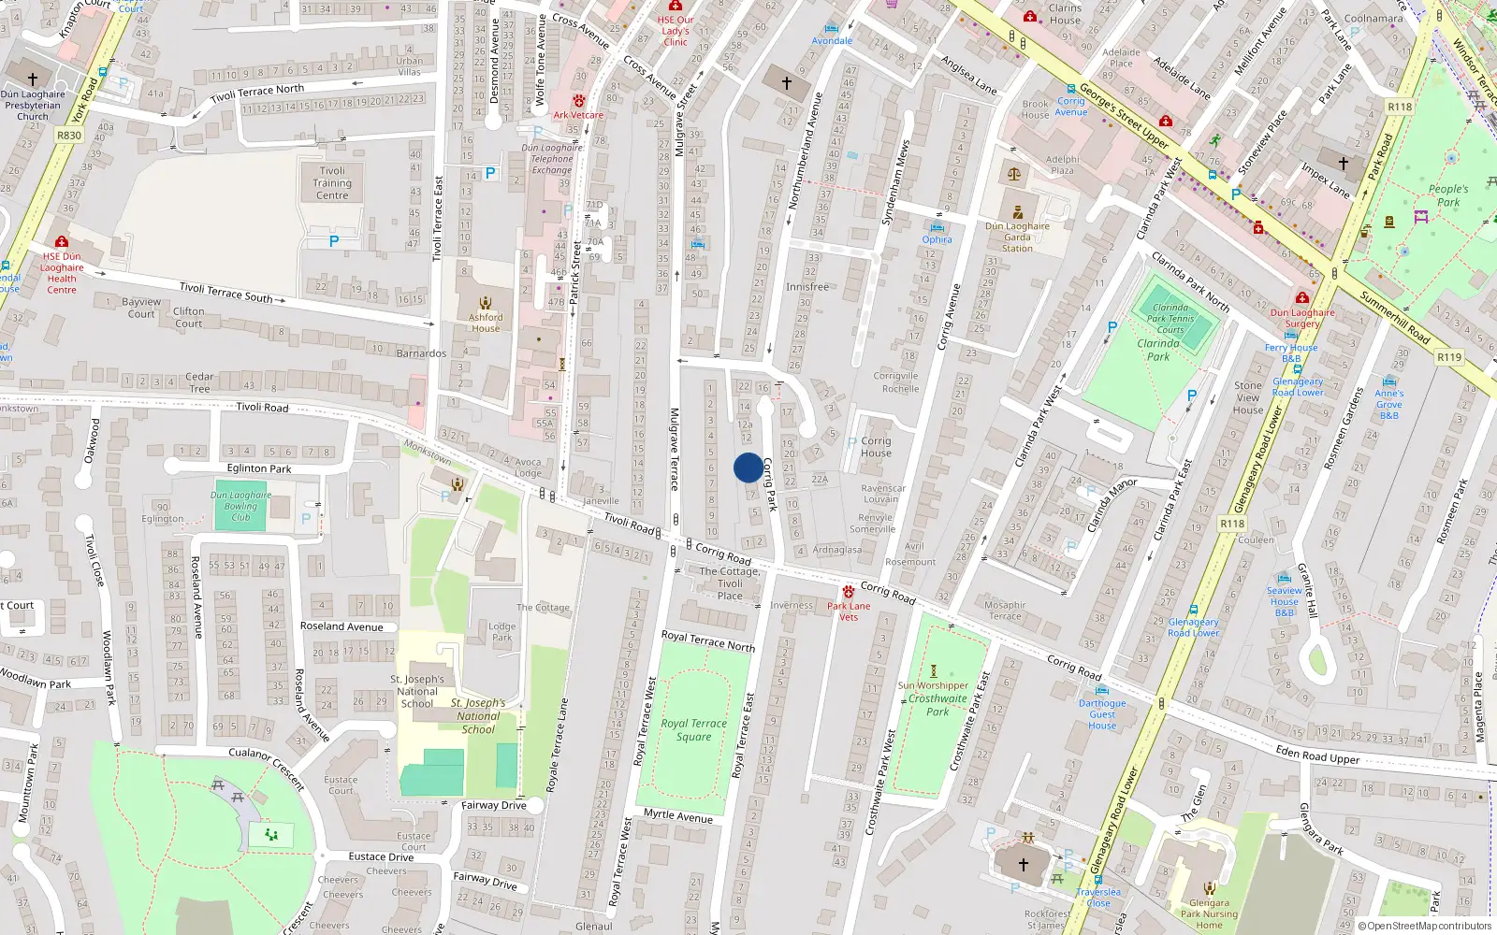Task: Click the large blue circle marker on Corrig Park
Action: [x=748, y=467]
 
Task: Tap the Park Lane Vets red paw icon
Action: [x=849, y=592]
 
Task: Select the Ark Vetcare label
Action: [x=578, y=115]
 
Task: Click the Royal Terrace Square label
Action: [x=693, y=730]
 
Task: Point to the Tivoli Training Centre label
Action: [x=332, y=183]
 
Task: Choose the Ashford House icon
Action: [x=486, y=303]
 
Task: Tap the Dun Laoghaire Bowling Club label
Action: [x=240, y=506]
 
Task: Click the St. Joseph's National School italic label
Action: [x=478, y=716]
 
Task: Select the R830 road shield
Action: [x=69, y=136]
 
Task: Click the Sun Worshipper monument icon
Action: [x=933, y=670]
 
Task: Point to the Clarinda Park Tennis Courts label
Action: [x=1170, y=318]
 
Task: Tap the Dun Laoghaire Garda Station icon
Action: [x=1018, y=212]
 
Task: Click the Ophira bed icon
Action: [x=937, y=227]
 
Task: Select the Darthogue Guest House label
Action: [x=1102, y=714]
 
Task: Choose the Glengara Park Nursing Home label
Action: [x=1209, y=913]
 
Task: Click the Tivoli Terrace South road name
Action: [x=225, y=293]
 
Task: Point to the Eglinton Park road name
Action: [x=259, y=468]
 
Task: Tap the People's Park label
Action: [x=1447, y=195]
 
